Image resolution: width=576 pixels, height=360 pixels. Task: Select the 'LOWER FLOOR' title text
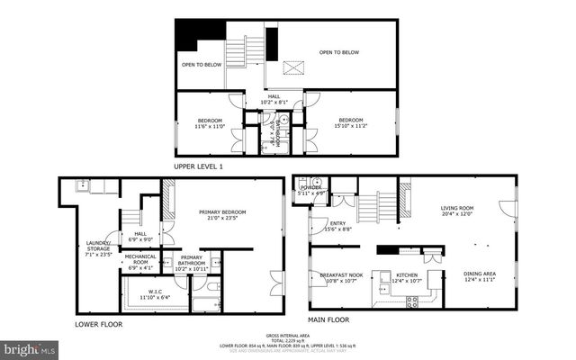point(101,323)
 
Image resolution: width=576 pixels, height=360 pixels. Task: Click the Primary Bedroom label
point(222,214)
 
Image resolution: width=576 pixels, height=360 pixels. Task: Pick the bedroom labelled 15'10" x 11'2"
point(351,123)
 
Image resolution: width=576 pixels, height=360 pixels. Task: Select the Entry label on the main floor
point(337,227)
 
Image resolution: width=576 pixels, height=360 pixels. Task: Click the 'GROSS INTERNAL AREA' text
point(287,332)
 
